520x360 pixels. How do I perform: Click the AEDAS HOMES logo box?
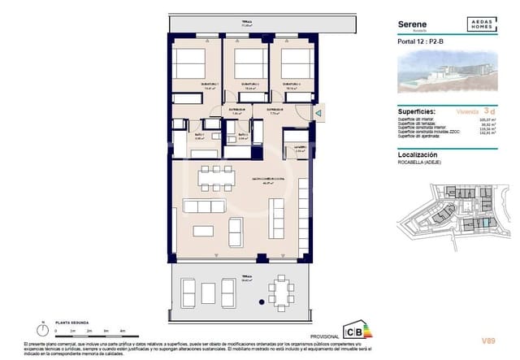click(x=482, y=25)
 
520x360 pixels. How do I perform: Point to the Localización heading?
click(x=419, y=154)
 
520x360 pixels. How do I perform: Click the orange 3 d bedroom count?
click(x=487, y=109)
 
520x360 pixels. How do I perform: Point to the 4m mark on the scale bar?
click(x=122, y=332)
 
